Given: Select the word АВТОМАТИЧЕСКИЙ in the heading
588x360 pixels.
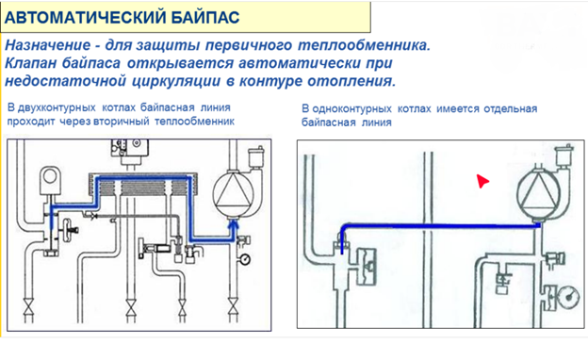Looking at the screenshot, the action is tap(85, 17).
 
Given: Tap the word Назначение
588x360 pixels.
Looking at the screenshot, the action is tap(48, 45).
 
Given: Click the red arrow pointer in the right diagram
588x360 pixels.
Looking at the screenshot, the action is tap(482, 181).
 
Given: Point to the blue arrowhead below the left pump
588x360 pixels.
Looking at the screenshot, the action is tap(234, 225).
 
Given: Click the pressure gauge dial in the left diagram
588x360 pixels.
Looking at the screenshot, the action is tap(245, 259).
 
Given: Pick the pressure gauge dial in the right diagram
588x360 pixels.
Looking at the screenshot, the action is tap(571, 296).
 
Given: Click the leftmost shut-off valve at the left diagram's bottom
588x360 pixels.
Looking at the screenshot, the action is tap(29, 307).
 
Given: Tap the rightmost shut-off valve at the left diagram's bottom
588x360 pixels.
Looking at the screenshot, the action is tap(233, 307).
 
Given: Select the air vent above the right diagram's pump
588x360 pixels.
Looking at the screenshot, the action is tap(563, 155).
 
